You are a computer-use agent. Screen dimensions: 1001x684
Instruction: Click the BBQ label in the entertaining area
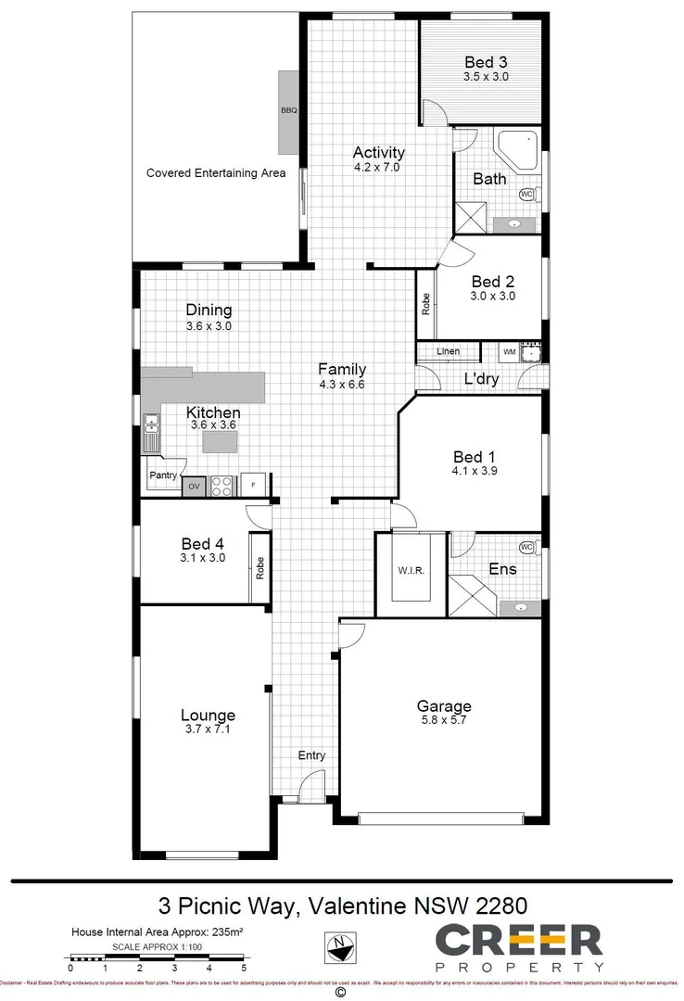point(288,111)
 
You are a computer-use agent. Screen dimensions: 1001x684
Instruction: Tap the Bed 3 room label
point(486,63)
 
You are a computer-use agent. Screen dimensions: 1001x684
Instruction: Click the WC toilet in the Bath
point(527,195)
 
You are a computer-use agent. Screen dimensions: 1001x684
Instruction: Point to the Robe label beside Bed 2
point(426,304)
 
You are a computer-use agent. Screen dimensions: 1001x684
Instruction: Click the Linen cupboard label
point(449,352)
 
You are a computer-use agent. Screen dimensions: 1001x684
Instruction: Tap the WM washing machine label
point(509,352)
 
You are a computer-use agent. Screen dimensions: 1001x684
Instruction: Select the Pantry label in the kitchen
point(163,475)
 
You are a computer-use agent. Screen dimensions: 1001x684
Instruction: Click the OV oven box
point(194,486)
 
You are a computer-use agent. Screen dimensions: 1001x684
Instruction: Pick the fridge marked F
point(253,486)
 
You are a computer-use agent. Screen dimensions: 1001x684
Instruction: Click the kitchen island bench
point(221,442)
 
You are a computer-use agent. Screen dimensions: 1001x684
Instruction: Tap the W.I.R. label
point(412,570)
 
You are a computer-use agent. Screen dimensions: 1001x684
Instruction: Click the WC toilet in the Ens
point(528,548)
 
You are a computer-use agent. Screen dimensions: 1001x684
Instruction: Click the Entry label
point(311,755)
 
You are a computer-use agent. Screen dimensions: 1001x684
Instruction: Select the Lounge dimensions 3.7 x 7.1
point(208,729)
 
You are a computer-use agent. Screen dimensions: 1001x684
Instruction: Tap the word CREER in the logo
point(519,941)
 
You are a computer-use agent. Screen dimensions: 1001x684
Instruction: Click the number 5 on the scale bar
point(244,969)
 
